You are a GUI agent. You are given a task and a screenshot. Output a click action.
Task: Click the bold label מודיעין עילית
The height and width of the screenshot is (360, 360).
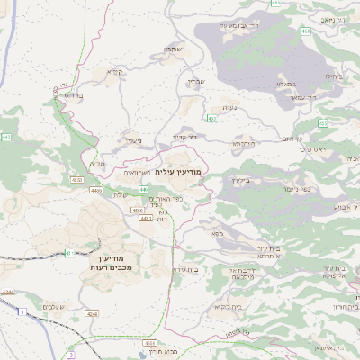click(x=180, y=171)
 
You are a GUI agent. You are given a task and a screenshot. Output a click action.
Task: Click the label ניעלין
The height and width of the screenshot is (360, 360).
click(x=133, y=140)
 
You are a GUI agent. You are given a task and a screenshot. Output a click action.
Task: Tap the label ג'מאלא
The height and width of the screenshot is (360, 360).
click(x=277, y=84)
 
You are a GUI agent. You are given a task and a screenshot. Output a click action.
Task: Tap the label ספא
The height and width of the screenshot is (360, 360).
click(x=217, y=233)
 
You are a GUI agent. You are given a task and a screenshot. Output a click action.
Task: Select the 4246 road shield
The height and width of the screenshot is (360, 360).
click(x=8, y=292)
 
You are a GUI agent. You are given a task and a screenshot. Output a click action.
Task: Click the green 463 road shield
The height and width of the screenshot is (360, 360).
click(x=211, y=118)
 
